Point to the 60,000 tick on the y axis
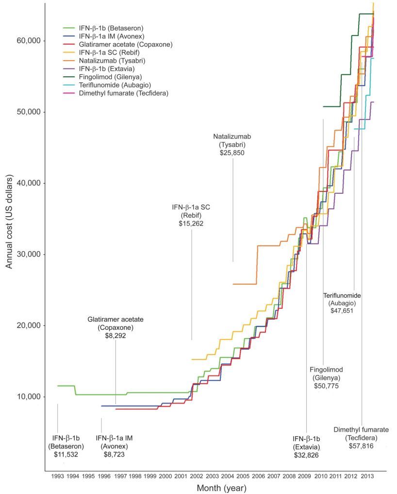pos(27,41)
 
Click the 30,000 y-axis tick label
pos(27,255)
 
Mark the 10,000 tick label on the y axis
pos(27,397)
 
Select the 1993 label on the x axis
pos(57,477)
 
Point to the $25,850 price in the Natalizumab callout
pos(232,153)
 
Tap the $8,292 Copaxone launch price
pos(116,336)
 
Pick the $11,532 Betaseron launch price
pos(66,455)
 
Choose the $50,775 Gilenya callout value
pos(326,386)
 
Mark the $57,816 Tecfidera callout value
pos(361,446)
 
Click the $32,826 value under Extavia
pos(307,455)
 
